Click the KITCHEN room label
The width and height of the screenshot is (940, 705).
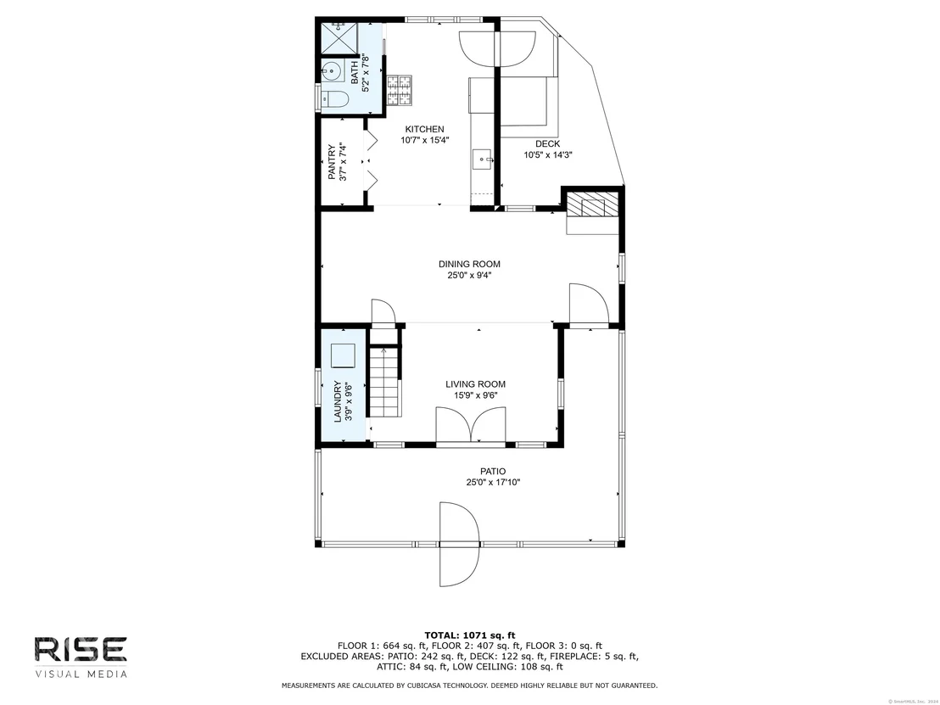point(424,129)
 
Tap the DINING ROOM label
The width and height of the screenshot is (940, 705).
point(469,264)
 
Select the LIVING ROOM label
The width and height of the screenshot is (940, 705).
point(475,384)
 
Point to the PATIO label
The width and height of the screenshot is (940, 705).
point(493,471)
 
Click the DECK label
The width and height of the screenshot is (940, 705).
point(547,144)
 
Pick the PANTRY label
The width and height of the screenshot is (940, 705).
point(332,162)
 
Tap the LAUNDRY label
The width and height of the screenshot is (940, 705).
point(339,401)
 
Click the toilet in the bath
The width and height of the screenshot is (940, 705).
point(334,99)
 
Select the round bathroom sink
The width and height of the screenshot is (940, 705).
point(331,71)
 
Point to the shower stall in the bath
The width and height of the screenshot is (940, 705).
point(339,39)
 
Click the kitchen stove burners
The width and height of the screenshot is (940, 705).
point(400,90)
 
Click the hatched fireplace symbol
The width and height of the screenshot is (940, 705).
point(592,204)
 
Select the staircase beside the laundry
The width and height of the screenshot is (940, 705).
point(383,382)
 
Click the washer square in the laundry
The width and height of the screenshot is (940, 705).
point(344,355)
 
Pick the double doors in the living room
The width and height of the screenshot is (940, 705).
point(471,426)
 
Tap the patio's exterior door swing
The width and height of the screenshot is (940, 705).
point(459,545)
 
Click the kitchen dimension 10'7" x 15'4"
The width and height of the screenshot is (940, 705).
point(425,140)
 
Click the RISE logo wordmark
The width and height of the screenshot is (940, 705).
point(81,651)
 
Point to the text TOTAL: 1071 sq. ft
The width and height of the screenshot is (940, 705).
point(470,635)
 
